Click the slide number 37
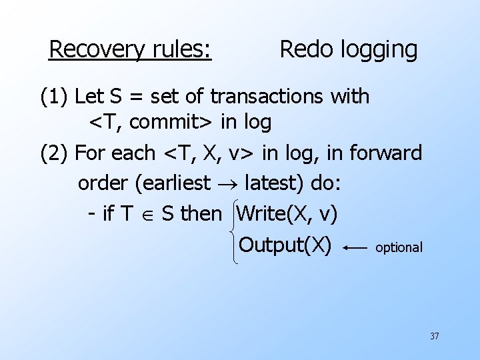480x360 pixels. point(434,336)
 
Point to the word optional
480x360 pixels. point(399,247)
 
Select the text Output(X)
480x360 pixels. point(285,245)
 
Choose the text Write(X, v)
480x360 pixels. point(287,213)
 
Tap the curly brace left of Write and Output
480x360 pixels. point(231,230)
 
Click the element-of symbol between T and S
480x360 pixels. point(148,215)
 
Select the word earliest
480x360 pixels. point(177,183)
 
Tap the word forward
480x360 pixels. point(389,153)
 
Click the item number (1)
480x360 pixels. point(55,97)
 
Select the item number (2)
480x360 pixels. point(55,153)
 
